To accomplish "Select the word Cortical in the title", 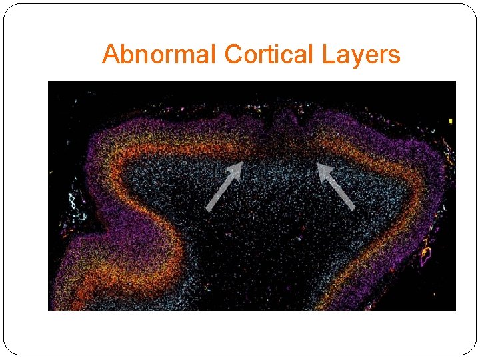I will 270,54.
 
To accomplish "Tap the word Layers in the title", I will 361,54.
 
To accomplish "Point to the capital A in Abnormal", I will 110,54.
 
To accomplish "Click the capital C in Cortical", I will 233,54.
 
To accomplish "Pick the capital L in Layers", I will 327,54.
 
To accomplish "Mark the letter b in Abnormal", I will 125,54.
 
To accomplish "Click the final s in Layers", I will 395,55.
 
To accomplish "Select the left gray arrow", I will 223,187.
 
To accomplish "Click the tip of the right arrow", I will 319,163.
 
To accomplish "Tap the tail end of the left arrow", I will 208,209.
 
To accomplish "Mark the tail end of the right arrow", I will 353,208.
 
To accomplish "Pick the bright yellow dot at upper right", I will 451,121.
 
